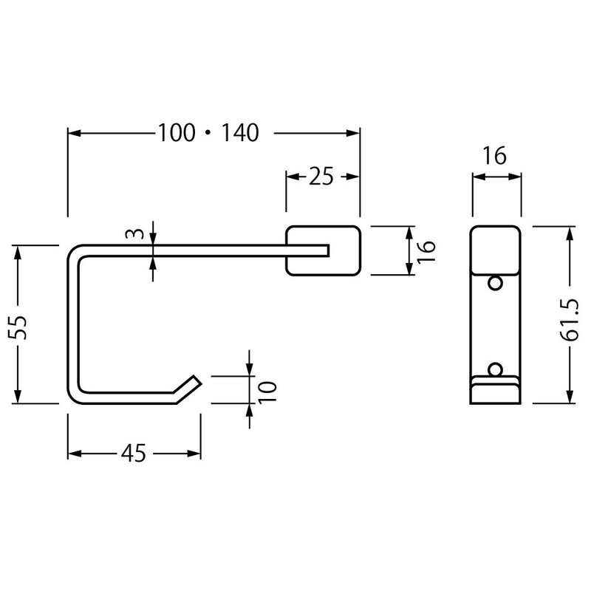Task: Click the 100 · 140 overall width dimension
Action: point(208,133)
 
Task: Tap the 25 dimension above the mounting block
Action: point(321,176)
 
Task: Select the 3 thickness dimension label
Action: point(135,233)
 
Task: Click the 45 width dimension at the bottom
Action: point(134,453)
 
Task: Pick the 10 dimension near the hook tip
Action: point(267,392)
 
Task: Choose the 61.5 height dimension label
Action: point(570,320)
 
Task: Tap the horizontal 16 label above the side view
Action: point(494,155)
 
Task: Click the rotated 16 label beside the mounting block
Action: point(426,251)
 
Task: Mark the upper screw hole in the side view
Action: point(495,283)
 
